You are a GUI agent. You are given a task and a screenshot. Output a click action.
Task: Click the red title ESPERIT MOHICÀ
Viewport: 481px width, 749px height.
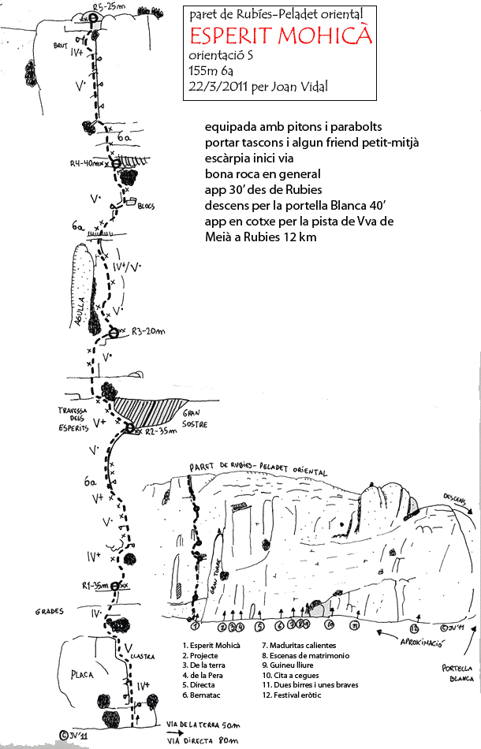281,35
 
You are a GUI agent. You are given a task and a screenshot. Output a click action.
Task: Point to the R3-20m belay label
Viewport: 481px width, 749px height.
147,331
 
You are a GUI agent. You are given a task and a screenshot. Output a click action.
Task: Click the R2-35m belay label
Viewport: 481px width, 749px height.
157,432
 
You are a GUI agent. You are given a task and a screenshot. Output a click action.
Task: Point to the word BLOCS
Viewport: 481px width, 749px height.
146,207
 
